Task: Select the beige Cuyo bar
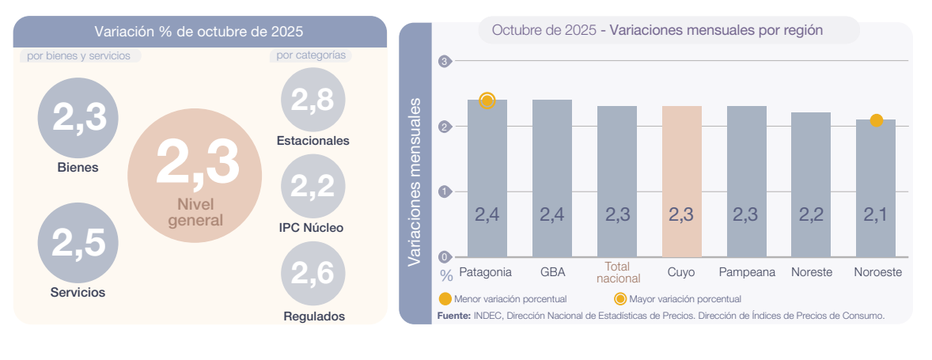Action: click(x=681, y=181)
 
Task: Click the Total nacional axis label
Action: click(x=617, y=272)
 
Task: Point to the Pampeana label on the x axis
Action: click(x=747, y=271)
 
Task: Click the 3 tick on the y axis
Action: click(x=444, y=62)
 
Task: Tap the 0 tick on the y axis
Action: click(x=444, y=256)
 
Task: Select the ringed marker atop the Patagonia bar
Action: click(x=487, y=100)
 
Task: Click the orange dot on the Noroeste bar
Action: click(x=876, y=120)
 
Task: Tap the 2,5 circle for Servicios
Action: click(x=78, y=242)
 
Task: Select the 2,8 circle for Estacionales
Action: click(x=313, y=100)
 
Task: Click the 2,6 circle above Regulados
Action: click(x=313, y=274)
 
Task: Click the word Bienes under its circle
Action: click(x=78, y=168)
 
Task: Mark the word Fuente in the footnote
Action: click(x=453, y=315)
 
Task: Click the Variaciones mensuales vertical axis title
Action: click(x=414, y=181)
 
